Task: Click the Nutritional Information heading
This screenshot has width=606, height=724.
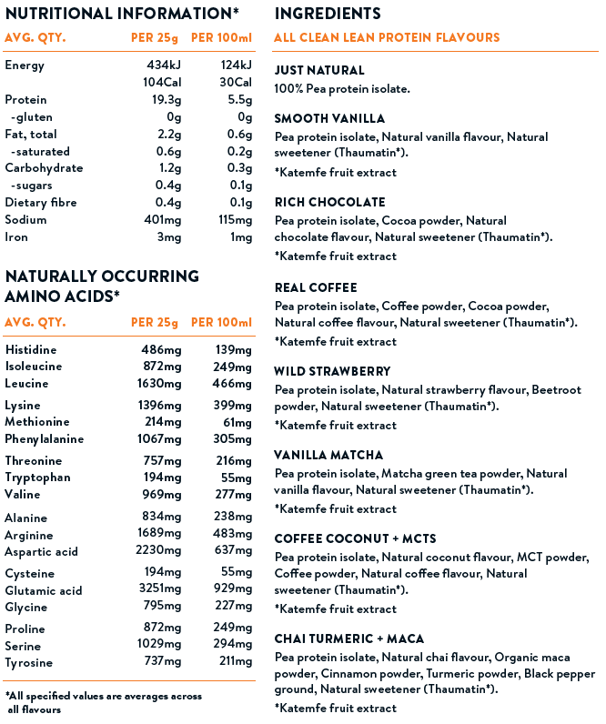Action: (x=122, y=14)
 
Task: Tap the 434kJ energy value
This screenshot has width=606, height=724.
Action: (x=165, y=65)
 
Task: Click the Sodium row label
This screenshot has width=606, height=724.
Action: (x=26, y=220)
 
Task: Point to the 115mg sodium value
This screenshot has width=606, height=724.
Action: (x=235, y=220)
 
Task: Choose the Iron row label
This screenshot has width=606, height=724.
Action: (x=16, y=237)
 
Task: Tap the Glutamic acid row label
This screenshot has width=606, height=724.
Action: (x=44, y=590)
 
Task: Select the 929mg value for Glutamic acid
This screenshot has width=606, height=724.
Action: (x=233, y=590)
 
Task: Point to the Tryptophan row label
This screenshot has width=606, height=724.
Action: (x=38, y=478)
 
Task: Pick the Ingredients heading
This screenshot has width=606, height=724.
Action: (x=328, y=14)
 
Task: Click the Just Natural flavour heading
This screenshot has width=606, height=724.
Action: (x=319, y=70)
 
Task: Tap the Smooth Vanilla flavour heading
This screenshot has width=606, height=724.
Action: (x=329, y=118)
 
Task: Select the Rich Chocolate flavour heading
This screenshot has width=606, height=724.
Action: (x=329, y=202)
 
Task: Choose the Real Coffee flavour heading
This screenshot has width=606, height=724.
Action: (x=315, y=287)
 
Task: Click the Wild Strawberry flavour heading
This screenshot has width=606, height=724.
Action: (x=332, y=371)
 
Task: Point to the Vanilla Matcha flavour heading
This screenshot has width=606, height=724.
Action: (x=328, y=455)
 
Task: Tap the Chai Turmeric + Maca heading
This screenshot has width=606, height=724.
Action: (x=348, y=639)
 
